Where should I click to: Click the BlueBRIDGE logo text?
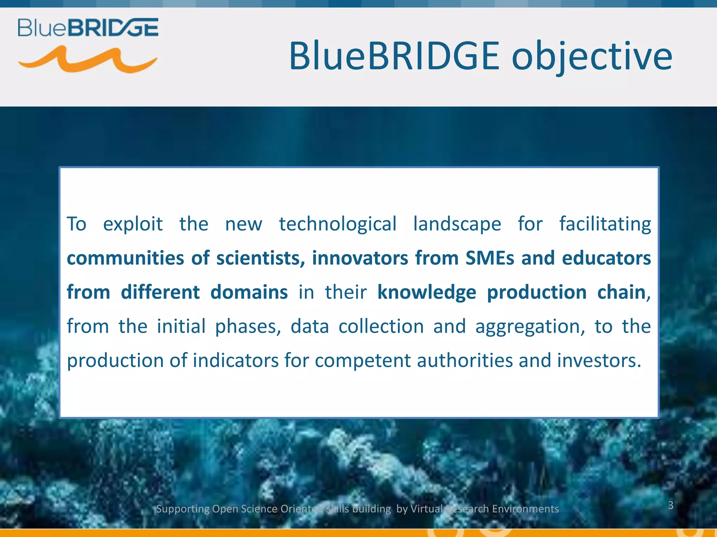tap(88, 28)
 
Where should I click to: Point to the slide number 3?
tap(670, 505)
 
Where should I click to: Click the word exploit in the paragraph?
tap(133, 224)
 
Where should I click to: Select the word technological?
tap(337, 224)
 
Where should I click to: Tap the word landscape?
tap(457, 224)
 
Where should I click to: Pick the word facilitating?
tap(605, 224)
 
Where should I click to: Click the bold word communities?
tap(125, 258)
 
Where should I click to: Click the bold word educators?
tap(606, 258)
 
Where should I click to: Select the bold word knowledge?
tap(426, 293)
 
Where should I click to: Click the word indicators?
tap(235, 361)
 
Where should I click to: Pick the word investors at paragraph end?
tap(599, 361)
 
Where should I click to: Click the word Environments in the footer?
tap(525, 509)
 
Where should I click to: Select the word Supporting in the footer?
tap(182, 509)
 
